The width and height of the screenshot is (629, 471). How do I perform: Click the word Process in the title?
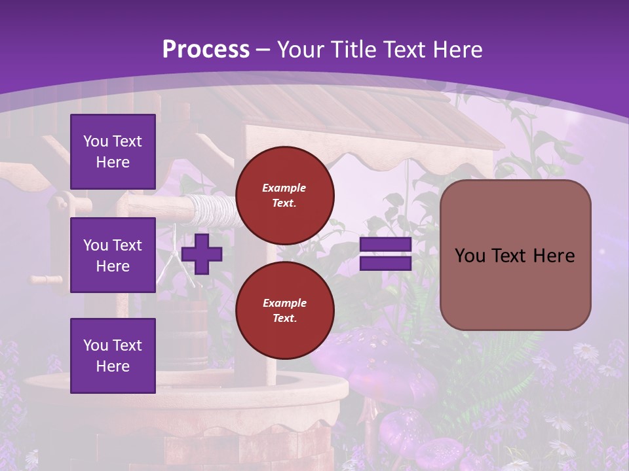tap(206, 50)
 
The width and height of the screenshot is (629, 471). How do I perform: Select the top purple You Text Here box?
tap(113, 152)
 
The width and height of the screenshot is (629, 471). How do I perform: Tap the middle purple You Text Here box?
tap(113, 255)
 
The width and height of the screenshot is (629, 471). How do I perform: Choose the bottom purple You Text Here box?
tap(113, 355)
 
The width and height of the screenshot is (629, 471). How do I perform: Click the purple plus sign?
tap(202, 254)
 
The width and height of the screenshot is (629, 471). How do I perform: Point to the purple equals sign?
tap(385, 254)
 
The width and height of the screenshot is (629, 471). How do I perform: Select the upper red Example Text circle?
tap(285, 196)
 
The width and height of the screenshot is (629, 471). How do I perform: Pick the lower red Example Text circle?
tap(285, 311)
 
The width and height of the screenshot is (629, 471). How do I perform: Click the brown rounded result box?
tap(515, 255)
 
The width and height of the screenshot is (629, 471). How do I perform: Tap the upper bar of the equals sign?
tap(385, 245)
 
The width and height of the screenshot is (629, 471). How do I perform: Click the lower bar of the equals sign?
tap(385, 264)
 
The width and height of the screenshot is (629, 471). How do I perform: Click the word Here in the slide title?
tap(457, 50)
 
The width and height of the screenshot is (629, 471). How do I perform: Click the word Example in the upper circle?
tap(284, 188)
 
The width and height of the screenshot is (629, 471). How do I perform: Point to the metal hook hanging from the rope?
tap(172, 268)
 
